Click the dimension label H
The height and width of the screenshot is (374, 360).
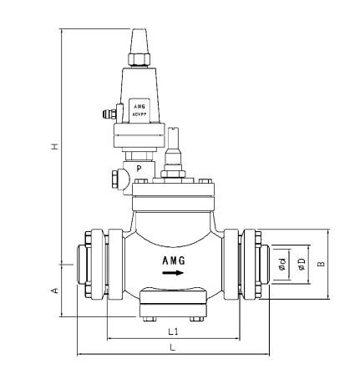coord(55,145)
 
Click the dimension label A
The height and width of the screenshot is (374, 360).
coord(55,290)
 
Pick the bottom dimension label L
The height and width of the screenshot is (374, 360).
coord(173,346)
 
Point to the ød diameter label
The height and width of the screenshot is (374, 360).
coord(283,265)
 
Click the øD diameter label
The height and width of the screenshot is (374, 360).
coord(301,265)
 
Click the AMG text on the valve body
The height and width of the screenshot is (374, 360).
coord(174,260)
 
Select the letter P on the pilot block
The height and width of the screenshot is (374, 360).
coord(139,168)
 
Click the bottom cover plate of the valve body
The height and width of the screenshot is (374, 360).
coord(174,298)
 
